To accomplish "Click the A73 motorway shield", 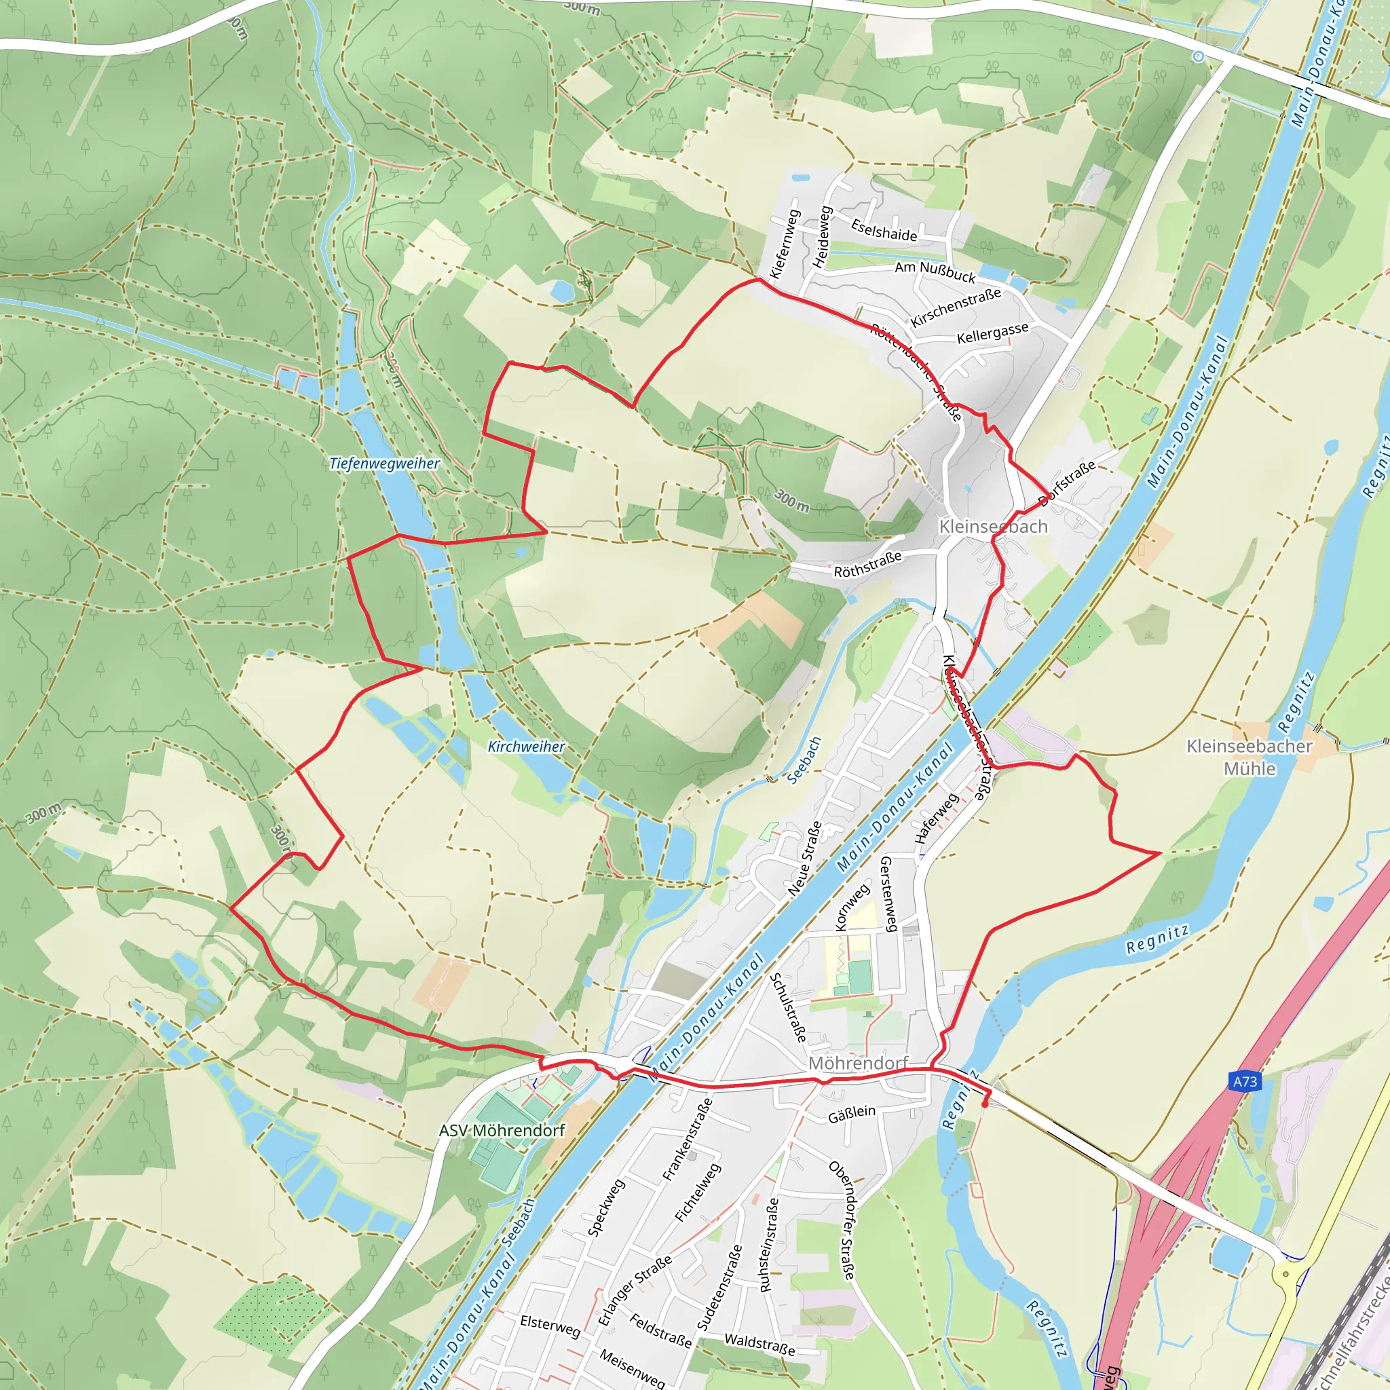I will coord(1245,1081).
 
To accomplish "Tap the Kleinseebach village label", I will coord(993,527).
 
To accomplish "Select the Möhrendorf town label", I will coord(859,1063).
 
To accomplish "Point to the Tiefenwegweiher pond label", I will coord(384,464).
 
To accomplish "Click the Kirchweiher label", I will coord(527,746).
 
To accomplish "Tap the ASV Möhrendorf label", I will coord(502,1130).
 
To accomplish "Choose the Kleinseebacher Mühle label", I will coord(1250,757).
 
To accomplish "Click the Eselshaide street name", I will coord(884,230).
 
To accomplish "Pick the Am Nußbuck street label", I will coord(935,272).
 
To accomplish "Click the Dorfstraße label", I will coord(1067,483).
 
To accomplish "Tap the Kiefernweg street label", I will coord(785,244).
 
